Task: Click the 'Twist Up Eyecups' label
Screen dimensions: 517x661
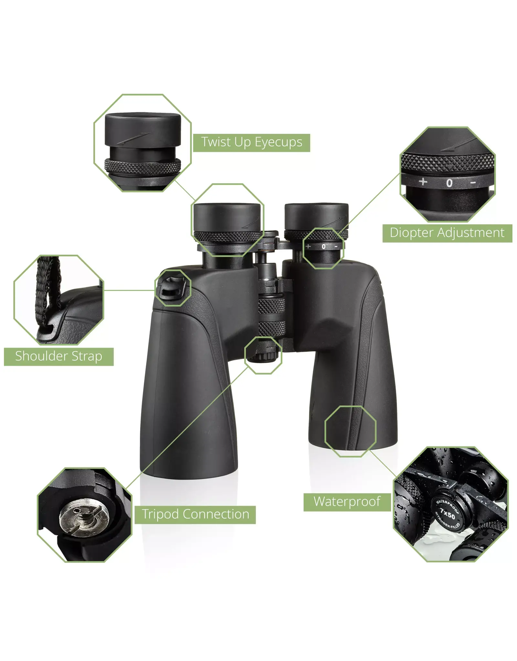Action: tap(251, 143)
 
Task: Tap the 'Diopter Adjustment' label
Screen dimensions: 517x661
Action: tap(447, 233)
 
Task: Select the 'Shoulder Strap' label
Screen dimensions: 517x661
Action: tap(58, 357)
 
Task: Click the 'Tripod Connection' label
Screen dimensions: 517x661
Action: tap(195, 515)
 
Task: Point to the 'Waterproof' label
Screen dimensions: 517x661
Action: tap(347, 502)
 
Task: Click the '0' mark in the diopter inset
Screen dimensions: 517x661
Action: tap(449, 183)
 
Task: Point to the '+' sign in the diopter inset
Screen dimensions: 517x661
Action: tap(423, 182)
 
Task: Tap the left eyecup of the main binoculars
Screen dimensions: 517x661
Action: tap(227, 218)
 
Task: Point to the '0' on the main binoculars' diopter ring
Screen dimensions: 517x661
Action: tap(323, 247)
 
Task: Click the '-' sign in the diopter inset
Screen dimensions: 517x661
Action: tap(473, 183)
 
